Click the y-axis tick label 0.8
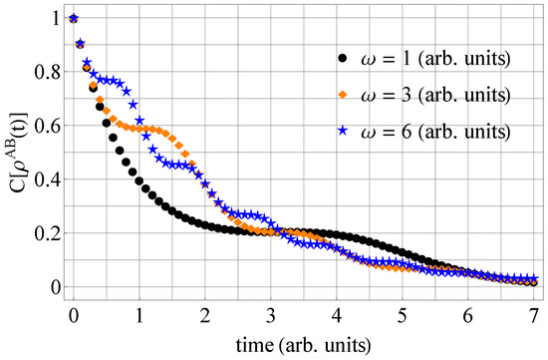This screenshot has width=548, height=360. coord(47,73)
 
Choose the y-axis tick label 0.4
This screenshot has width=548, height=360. coord(47,180)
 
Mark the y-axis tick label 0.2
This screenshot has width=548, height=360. coord(47,234)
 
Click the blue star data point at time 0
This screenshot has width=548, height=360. coord(73,18)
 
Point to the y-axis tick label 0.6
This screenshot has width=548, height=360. coord(47,127)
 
